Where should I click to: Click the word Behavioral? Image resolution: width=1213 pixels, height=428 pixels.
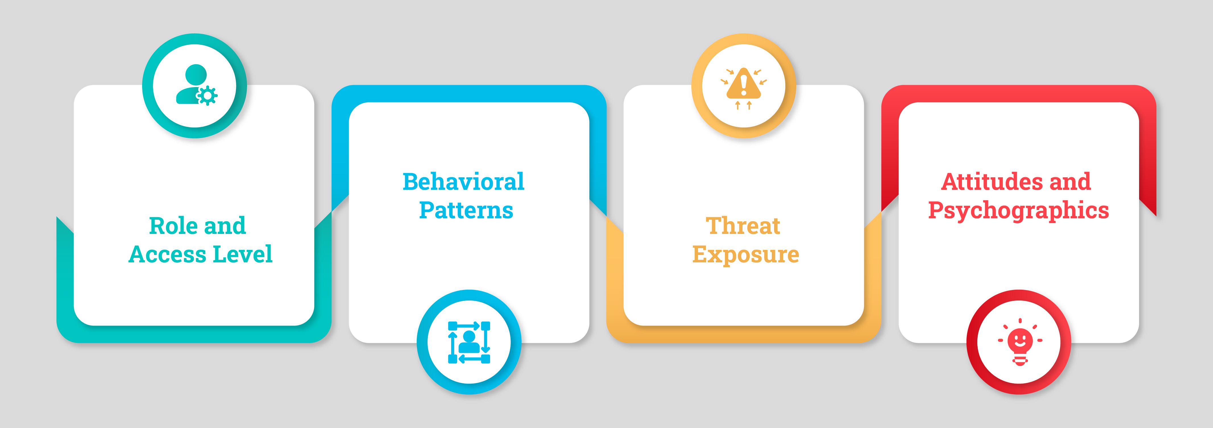463,182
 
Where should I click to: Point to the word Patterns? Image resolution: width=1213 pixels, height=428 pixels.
466,210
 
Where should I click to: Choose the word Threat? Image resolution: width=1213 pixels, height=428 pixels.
743,226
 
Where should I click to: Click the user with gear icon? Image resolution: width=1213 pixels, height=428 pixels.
196,85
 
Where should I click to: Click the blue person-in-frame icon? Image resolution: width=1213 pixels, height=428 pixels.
469,343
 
